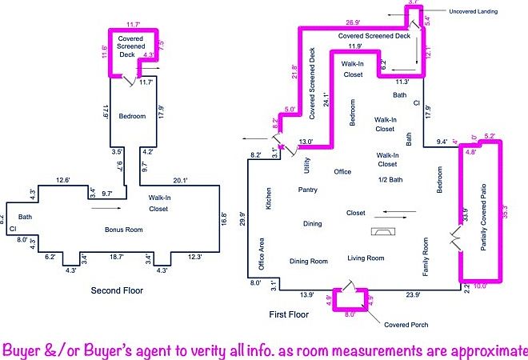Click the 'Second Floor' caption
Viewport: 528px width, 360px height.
[117, 290]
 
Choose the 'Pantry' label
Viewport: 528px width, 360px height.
[309, 191]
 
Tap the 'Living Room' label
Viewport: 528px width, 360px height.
[366, 258]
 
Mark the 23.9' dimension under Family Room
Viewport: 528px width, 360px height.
[413, 295]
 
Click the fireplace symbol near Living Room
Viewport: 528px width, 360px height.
[384, 231]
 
